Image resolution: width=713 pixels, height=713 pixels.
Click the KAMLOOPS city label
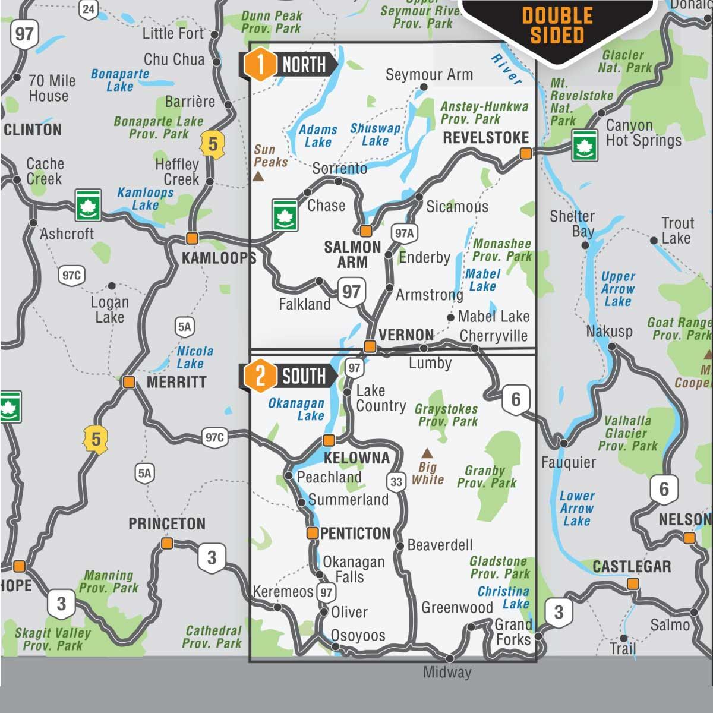219,258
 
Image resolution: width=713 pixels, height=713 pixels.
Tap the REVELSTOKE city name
485,138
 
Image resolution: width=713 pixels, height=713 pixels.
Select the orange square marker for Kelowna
329,440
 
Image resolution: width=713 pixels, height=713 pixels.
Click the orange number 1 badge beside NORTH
260,65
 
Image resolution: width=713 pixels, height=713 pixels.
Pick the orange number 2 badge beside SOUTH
260,376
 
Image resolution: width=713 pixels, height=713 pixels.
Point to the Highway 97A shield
404,234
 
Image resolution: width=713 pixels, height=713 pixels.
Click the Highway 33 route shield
396,482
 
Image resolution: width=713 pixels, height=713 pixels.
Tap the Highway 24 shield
89,8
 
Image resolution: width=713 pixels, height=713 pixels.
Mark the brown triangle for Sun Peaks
258,176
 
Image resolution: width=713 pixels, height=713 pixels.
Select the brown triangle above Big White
427,453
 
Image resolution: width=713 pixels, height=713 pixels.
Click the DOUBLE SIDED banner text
557,26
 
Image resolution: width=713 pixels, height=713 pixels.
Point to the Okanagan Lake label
296,409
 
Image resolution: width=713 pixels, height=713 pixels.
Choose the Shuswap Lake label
375,135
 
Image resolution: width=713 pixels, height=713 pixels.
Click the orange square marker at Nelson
689,538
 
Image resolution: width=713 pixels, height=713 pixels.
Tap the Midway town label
447,673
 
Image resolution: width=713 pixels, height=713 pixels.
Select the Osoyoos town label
358,635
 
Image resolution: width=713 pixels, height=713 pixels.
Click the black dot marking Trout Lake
654,241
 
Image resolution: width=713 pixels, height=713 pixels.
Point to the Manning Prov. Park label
109,582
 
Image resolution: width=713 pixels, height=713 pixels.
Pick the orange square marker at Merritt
129,382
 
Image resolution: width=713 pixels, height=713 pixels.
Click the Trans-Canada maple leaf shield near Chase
285,215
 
